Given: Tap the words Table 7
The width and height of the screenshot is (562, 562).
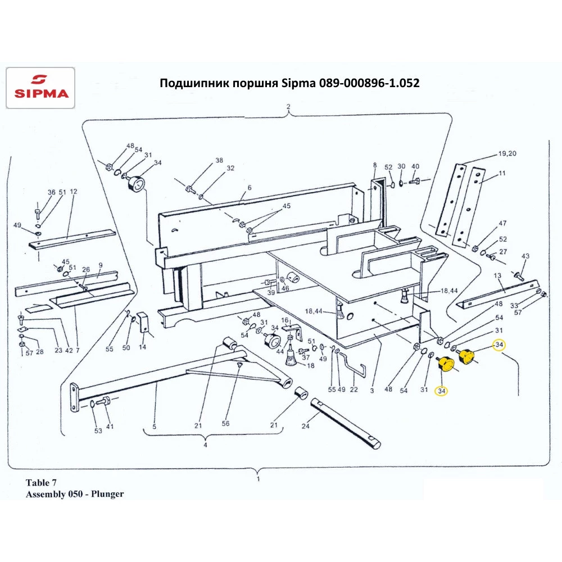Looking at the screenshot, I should [x=41, y=483].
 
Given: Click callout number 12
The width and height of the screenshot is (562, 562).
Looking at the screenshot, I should [x=73, y=192].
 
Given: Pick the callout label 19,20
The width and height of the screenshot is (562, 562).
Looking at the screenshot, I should [x=507, y=154].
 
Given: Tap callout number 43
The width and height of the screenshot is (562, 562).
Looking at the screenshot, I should [x=525, y=256].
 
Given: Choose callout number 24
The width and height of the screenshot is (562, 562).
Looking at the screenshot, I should [x=306, y=426].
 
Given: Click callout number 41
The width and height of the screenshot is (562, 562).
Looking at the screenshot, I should [x=110, y=426].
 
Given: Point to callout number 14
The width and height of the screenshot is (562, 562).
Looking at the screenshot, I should [x=142, y=348].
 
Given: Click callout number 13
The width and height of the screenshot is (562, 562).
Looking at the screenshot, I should [x=497, y=276].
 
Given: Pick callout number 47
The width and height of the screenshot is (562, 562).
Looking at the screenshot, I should [x=502, y=224].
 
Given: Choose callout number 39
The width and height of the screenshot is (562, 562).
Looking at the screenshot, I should [x=271, y=293].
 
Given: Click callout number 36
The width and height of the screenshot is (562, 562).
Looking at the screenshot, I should [x=52, y=192].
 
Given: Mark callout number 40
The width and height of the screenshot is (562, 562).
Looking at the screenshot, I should [x=415, y=166].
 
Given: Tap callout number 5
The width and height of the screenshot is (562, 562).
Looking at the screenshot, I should [x=154, y=426].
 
